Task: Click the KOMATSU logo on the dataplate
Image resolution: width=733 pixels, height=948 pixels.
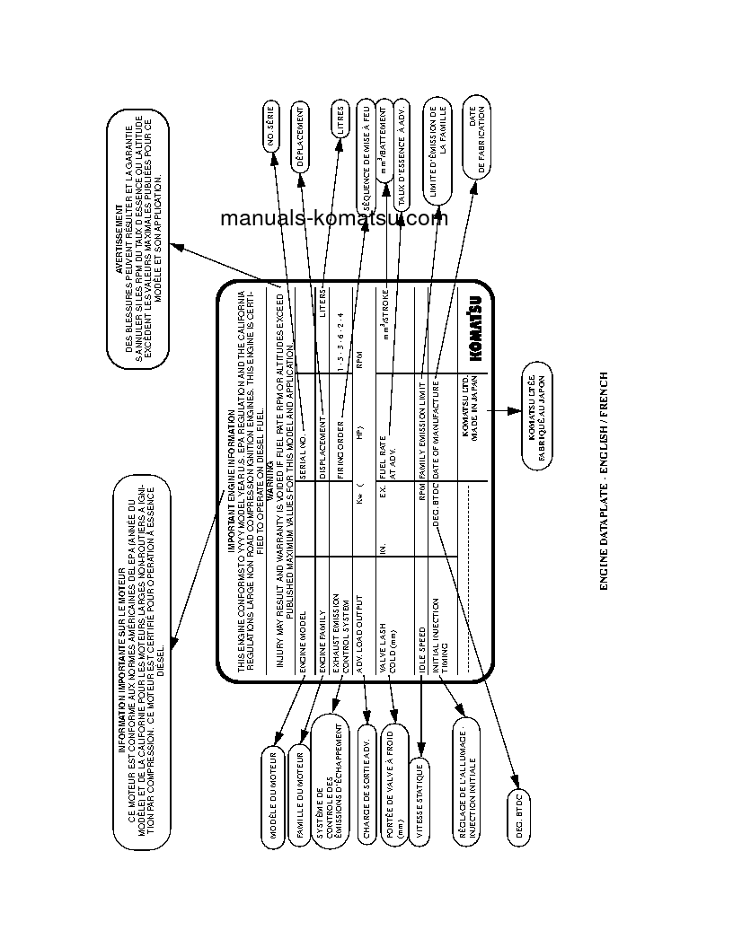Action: click(475, 329)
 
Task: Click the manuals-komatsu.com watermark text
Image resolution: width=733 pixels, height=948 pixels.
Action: click(333, 218)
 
